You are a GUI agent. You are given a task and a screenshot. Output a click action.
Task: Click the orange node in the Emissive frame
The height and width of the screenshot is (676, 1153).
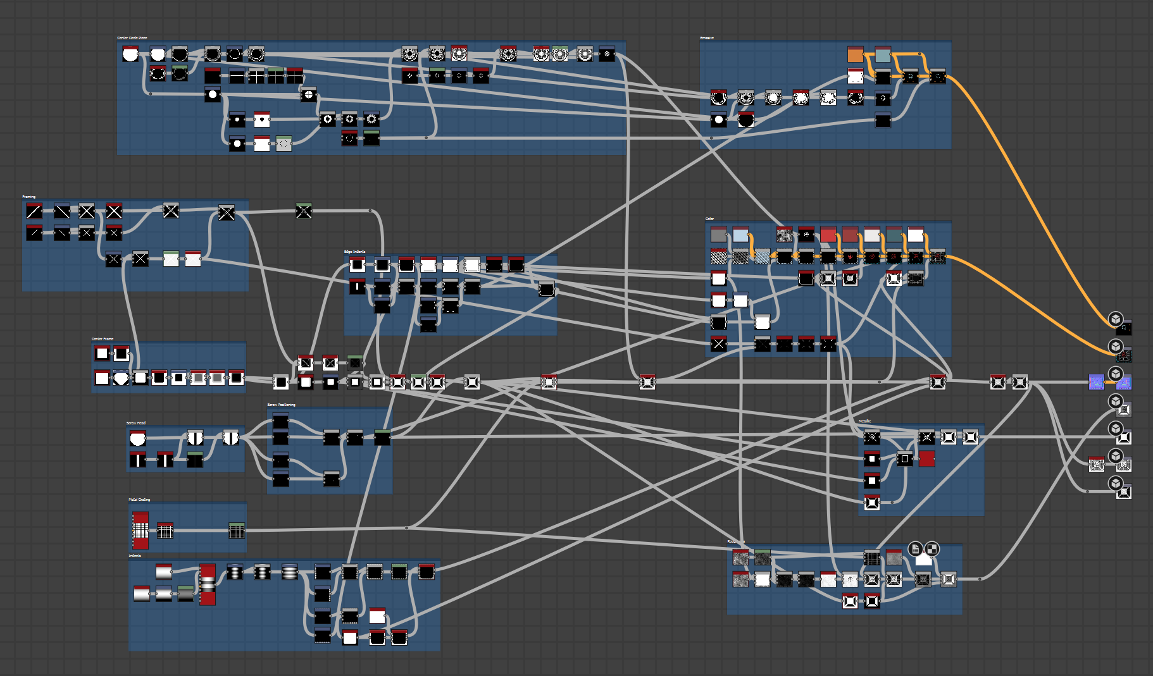[x=855, y=55]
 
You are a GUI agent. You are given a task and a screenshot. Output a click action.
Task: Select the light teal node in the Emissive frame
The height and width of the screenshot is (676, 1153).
[x=883, y=55]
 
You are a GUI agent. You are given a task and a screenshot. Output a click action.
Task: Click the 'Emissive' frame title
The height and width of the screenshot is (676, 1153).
[x=707, y=38]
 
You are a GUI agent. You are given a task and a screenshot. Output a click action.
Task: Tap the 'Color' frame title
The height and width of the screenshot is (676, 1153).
[x=709, y=219]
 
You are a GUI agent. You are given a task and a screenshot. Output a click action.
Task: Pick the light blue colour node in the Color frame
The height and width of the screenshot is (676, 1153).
[x=740, y=235]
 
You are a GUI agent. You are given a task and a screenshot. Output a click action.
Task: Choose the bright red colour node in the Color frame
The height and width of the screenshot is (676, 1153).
[x=828, y=235]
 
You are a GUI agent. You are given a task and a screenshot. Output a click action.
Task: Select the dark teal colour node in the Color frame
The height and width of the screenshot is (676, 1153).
[x=894, y=235]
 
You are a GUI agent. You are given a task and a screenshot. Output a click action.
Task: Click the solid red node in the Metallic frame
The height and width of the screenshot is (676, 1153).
[x=927, y=458]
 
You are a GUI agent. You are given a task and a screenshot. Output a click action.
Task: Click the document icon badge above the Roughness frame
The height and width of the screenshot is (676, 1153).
[x=915, y=549]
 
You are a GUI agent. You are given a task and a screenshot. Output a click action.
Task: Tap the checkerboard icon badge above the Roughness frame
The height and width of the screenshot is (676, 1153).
[x=932, y=549]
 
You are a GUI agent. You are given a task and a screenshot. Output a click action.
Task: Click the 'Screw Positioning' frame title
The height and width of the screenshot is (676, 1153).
[x=281, y=405]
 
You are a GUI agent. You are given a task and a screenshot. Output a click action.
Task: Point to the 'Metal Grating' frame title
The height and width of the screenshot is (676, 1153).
[x=139, y=500]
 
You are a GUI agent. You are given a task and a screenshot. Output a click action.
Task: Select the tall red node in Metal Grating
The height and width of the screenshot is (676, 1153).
[x=140, y=530]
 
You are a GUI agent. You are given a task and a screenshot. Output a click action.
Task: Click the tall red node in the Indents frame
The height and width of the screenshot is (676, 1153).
[x=208, y=584]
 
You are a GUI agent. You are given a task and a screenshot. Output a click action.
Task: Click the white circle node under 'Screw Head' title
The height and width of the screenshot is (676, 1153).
[x=137, y=438]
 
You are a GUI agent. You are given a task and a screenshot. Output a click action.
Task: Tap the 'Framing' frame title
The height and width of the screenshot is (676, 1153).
[x=29, y=197]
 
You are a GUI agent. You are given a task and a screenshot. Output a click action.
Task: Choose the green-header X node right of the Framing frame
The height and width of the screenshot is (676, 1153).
[x=304, y=211]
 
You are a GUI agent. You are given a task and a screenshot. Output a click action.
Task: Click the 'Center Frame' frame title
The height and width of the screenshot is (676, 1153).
[x=103, y=339]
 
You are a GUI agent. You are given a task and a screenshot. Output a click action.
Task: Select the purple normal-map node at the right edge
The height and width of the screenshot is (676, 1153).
[x=1096, y=382]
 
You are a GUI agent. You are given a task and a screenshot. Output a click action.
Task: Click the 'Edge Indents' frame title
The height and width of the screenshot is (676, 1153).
[x=354, y=252]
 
